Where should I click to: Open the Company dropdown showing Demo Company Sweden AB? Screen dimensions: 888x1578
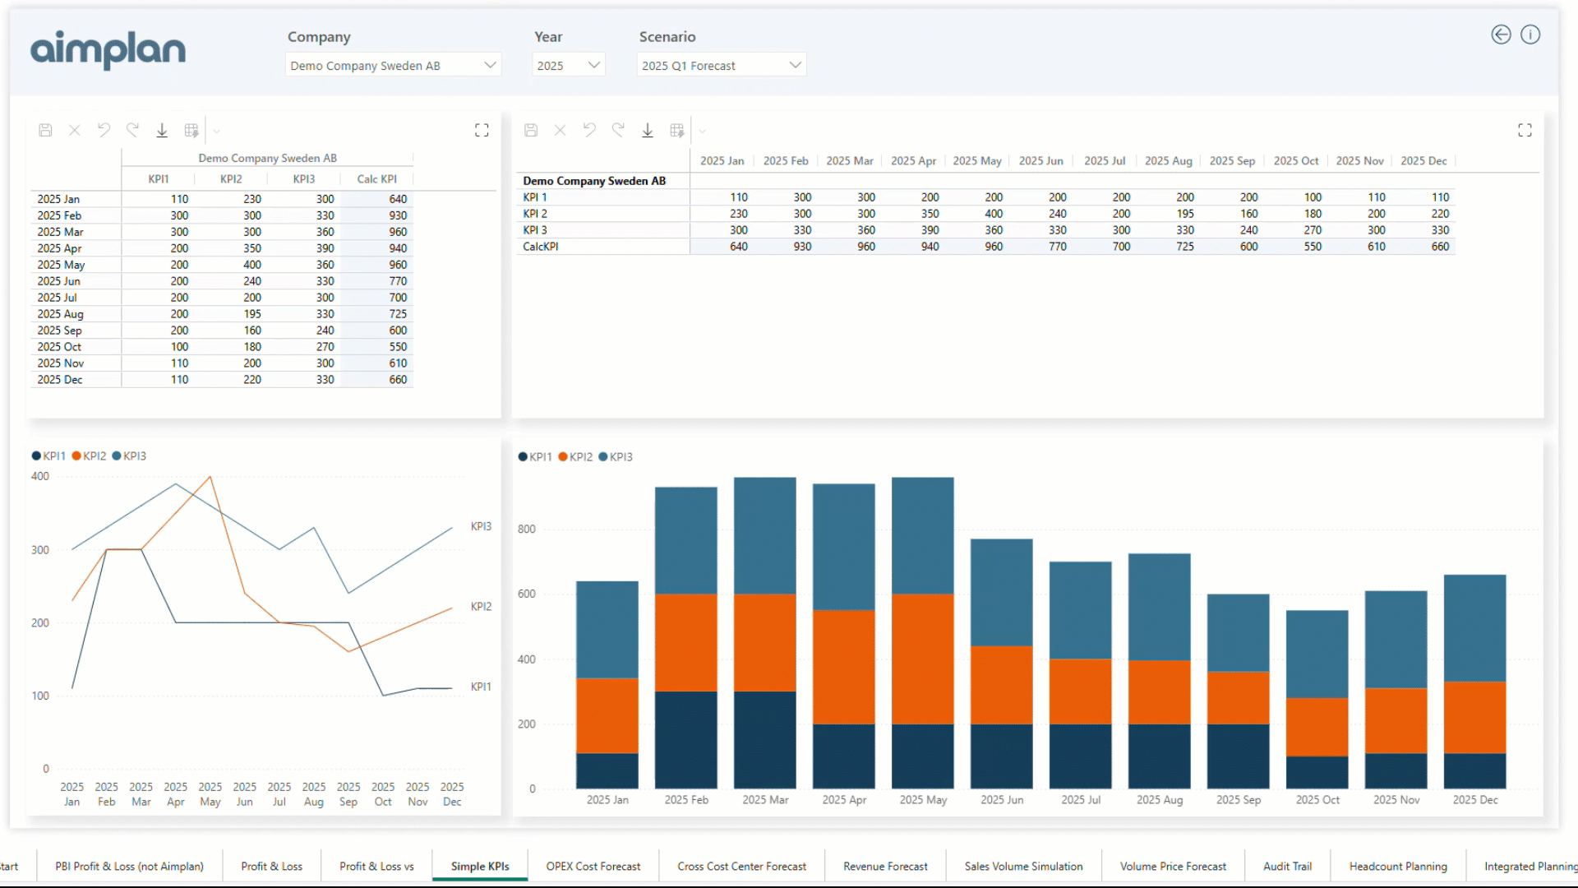(x=393, y=66)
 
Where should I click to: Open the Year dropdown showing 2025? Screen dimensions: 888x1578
(x=568, y=66)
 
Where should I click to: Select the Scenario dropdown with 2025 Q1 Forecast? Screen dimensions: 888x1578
(x=721, y=66)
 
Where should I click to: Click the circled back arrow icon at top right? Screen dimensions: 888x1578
(x=1501, y=35)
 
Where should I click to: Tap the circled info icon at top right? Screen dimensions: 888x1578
(x=1530, y=35)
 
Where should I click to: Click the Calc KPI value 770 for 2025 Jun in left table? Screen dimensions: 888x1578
(x=398, y=281)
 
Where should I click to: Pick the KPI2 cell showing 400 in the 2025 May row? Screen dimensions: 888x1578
(x=252, y=265)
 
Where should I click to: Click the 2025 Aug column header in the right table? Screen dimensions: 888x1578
(x=1168, y=161)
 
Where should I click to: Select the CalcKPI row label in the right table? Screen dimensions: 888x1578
(x=541, y=247)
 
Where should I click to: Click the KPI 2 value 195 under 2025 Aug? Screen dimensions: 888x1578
(x=1184, y=214)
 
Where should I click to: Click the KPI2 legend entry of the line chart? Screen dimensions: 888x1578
(x=90, y=456)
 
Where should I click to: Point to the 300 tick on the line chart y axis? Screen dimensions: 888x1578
(x=40, y=550)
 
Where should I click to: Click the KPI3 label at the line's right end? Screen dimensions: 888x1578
(x=481, y=526)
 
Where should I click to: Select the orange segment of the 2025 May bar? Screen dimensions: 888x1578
(x=922, y=658)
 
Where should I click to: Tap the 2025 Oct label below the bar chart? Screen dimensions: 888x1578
(x=1317, y=800)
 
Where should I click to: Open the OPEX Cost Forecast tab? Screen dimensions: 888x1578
(x=593, y=867)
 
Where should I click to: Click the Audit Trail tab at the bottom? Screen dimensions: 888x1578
(x=1287, y=867)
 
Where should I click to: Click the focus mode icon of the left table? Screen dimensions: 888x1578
(x=482, y=130)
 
